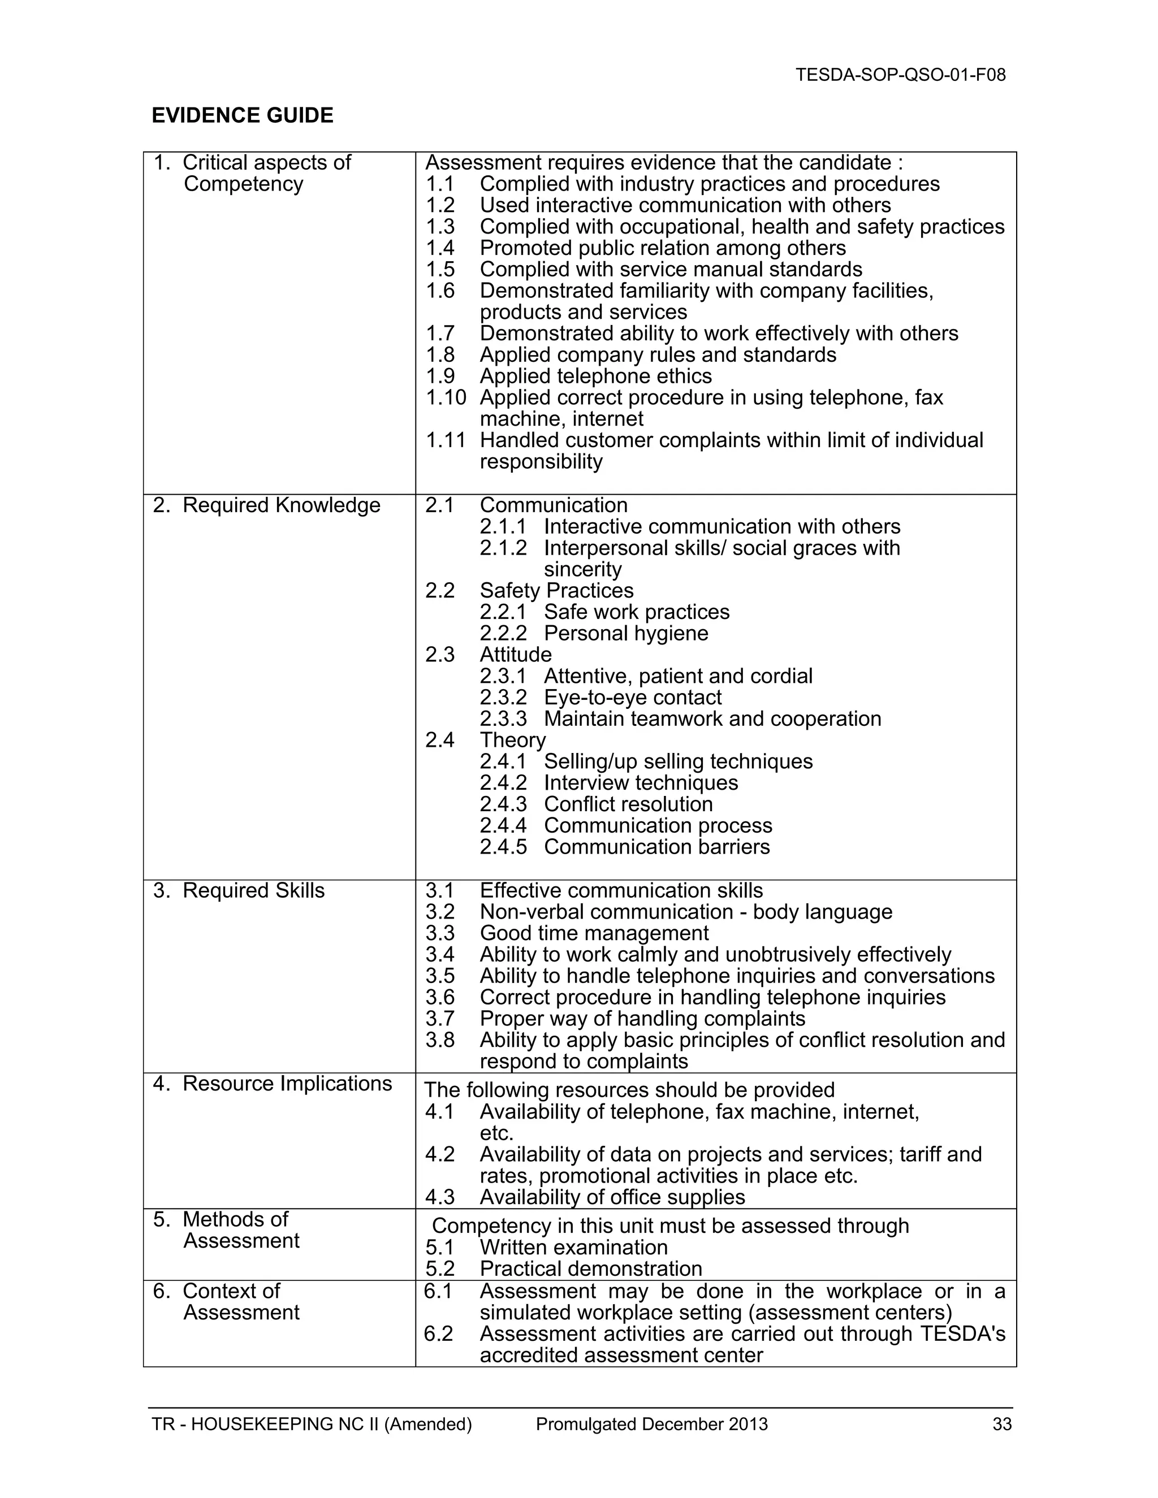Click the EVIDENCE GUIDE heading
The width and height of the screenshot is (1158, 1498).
pyautogui.click(x=242, y=115)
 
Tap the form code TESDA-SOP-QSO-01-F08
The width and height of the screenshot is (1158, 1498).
pyautogui.click(x=900, y=75)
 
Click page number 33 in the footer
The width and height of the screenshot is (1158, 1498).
pyautogui.click(x=1001, y=1425)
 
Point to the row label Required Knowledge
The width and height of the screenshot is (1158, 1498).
pyautogui.click(x=280, y=505)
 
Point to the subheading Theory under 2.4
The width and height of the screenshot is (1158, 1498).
pyautogui.click(x=512, y=740)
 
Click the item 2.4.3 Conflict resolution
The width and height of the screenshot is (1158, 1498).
pyautogui.click(x=628, y=804)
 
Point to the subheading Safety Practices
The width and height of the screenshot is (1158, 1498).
pyautogui.click(x=556, y=591)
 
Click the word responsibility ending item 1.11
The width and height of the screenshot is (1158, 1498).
pyautogui.click(x=541, y=462)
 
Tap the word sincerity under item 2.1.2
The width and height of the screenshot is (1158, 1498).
pyautogui.click(x=582, y=569)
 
